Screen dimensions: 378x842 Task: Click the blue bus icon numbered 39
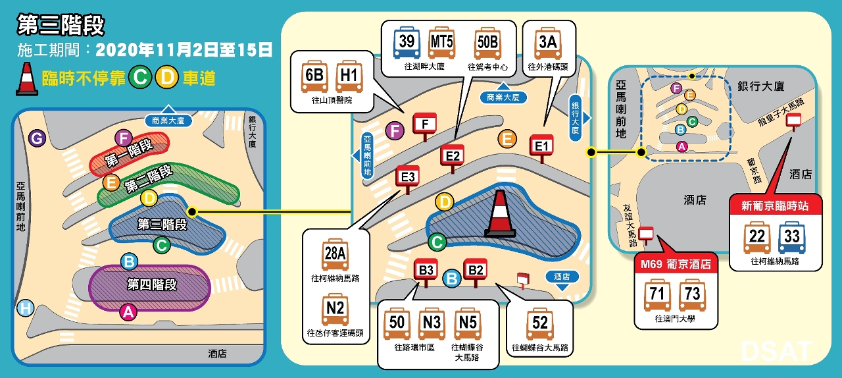[x=407, y=43]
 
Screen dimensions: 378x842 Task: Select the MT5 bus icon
[x=441, y=43]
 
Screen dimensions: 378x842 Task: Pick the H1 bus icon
[x=349, y=77]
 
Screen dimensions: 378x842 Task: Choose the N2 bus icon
[x=335, y=310]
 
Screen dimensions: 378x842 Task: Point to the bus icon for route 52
[x=539, y=325]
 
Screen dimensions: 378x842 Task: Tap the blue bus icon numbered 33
[x=791, y=238]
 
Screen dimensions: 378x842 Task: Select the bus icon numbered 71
[x=656, y=296]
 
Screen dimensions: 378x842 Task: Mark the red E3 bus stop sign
[x=407, y=177]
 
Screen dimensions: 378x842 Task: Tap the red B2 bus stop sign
[x=475, y=269]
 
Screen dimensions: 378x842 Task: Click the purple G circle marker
[x=37, y=138]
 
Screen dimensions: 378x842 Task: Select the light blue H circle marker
[x=26, y=308]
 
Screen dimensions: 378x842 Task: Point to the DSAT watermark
[x=776, y=351]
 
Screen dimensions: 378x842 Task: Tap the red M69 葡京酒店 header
[x=676, y=265]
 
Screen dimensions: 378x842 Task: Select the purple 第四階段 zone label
[x=149, y=284]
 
